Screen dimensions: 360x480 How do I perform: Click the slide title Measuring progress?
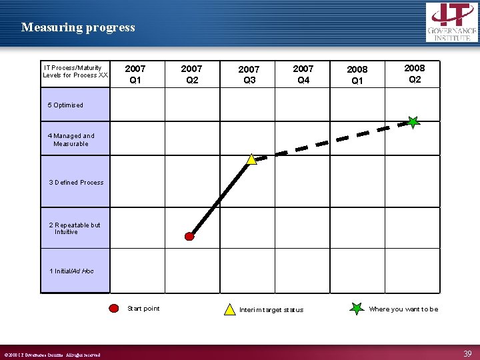coord(78,27)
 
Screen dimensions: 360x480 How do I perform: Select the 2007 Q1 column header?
coord(135,74)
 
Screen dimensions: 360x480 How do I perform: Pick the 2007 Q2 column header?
coord(191,74)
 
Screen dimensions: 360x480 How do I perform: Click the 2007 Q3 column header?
coord(249,75)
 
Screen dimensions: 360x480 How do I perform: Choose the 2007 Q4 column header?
coord(303,74)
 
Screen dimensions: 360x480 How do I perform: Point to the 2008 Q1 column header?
coord(357,75)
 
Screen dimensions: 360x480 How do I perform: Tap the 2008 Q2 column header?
coord(414,73)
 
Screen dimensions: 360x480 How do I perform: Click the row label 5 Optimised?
coord(65,105)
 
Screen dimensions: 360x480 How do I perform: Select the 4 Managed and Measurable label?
coord(71,140)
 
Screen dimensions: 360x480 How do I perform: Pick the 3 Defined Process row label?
coord(76,183)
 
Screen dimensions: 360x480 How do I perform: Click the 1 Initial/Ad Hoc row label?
coord(71,271)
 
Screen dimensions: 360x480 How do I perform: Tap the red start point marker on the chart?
coord(189,236)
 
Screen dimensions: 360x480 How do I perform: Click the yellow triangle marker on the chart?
coord(251,159)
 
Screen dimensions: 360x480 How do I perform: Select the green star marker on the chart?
coord(413,122)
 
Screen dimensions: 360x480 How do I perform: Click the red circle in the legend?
coord(115,309)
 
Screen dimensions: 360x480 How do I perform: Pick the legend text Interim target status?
coord(271,310)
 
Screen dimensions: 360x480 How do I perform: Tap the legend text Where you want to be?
coord(403,309)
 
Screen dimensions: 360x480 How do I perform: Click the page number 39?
coord(467,353)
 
